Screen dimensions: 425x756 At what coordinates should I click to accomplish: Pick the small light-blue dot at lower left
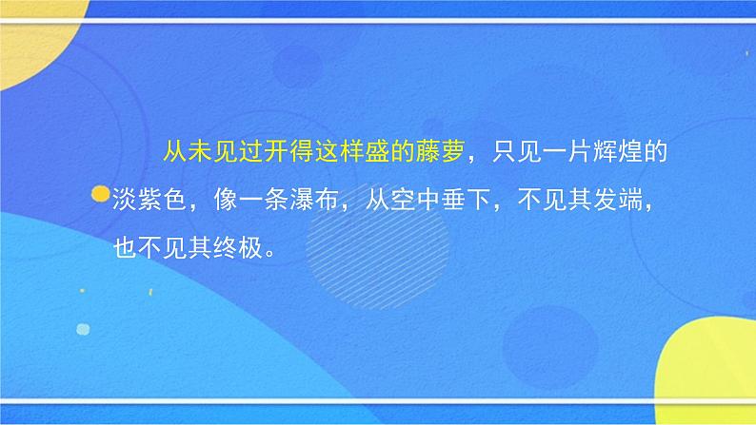(x=82, y=329)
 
